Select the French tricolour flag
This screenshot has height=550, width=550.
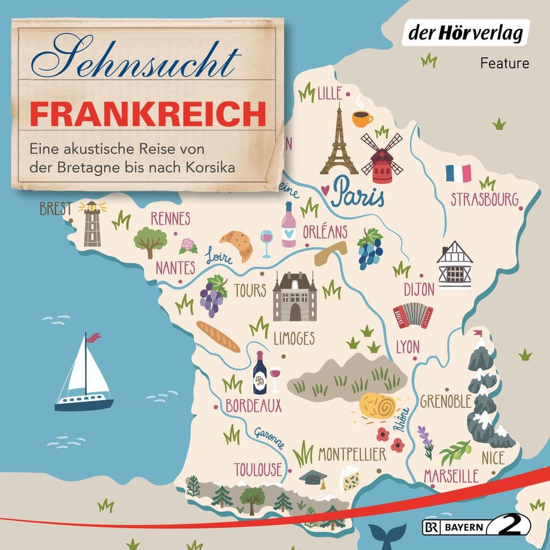458,173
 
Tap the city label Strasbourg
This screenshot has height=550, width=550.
484,199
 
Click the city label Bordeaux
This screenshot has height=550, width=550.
253,405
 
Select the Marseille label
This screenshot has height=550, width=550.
451,476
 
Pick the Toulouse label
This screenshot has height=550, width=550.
258,469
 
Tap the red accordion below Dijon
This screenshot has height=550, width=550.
413,315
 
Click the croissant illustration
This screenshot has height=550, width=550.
237,244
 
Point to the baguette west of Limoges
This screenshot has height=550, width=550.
218,336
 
